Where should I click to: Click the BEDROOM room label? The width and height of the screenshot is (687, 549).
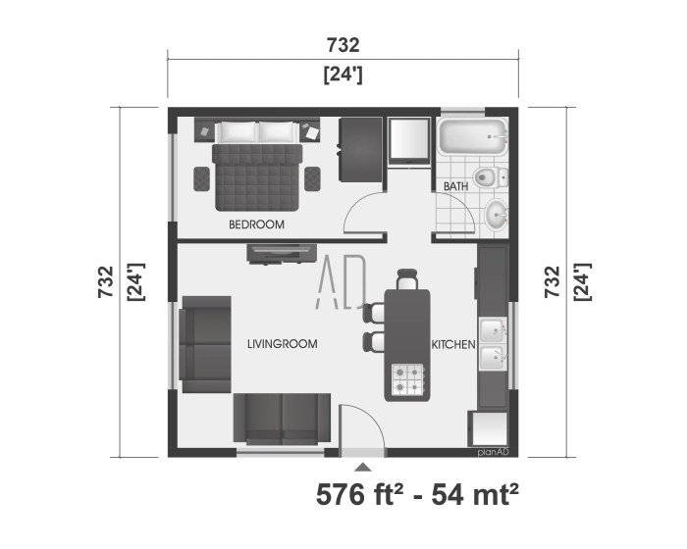(256, 225)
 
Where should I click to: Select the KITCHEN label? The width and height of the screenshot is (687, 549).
(453, 345)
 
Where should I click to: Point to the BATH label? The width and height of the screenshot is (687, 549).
(455, 185)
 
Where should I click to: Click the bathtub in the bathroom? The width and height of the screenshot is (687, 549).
(472, 139)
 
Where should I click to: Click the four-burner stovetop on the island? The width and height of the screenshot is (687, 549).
(408, 379)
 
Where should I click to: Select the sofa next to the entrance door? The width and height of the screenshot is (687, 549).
(282, 418)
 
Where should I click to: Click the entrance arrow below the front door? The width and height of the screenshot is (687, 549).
(363, 468)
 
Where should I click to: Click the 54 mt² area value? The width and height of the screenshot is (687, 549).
(471, 495)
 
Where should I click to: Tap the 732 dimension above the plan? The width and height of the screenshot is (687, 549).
(343, 45)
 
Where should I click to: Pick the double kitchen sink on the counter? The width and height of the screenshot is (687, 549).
(494, 343)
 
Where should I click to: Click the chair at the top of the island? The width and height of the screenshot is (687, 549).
(406, 281)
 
